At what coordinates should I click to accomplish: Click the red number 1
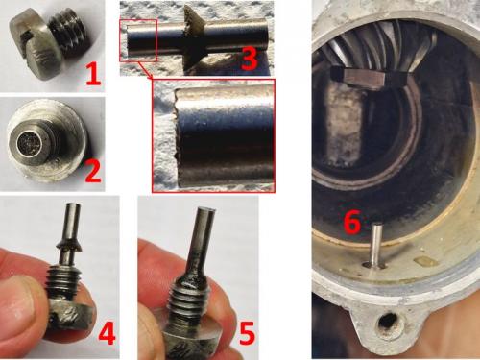pyautogui.click(x=93, y=74)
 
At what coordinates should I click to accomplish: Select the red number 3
pyautogui.click(x=250, y=59)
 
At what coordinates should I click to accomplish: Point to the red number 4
pyautogui.click(x=107, y=332)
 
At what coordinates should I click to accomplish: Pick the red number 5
pyautogui.click(x=248, y=333)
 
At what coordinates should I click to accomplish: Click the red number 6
pyautogui.click(x=352, y=222)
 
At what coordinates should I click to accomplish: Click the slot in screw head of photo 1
pyautogui.click(x=26, y=41)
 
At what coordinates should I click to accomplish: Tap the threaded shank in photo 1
pyautogui.click(x=68, y=35)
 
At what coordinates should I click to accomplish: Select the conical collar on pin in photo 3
pyautogui.click(x=194, y=37)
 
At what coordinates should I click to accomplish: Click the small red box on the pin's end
pyautogui.click(x=138, y=40)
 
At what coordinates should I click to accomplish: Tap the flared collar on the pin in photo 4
pyautogui.click(x=70, y=245)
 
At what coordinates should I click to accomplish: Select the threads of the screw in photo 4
pyautogui.click(x=64, y=280)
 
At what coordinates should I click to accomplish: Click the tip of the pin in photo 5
pyautogui.click(x=207, y=210)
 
